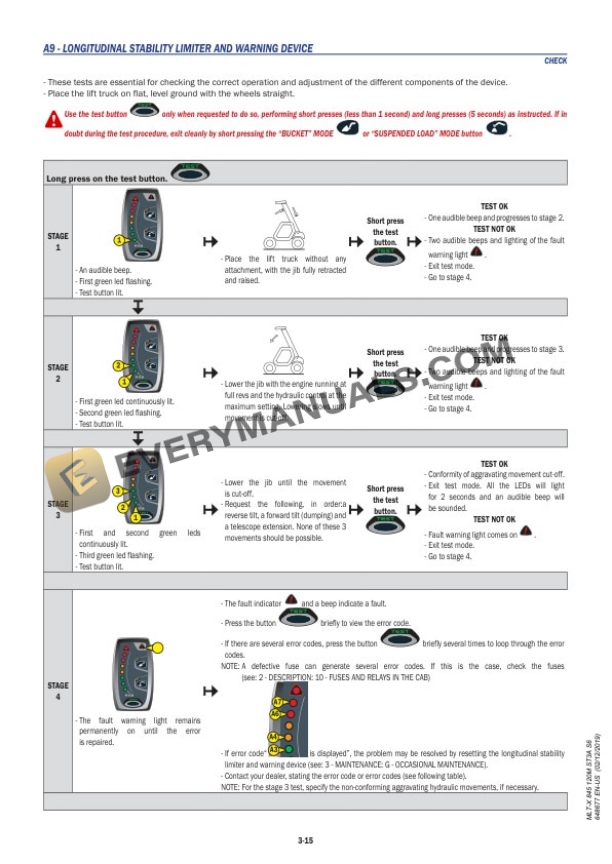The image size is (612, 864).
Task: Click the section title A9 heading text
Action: click(177, 48)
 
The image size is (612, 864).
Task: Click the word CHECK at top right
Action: click(555, 61)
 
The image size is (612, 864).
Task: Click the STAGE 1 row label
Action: click(58, 241)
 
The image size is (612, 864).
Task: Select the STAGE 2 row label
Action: click(58, 373)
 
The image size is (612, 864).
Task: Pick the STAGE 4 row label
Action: click(58, 691)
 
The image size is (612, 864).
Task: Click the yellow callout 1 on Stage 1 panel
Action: click(118, 240)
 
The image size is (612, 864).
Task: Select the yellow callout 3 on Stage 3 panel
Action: click(118, 491)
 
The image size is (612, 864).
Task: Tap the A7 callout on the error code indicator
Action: click(275, 702)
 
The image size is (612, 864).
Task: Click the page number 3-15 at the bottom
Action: click(305, 841)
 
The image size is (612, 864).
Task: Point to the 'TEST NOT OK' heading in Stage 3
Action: click(494, 520)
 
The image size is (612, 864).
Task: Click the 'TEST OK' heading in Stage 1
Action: click(494, 207)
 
